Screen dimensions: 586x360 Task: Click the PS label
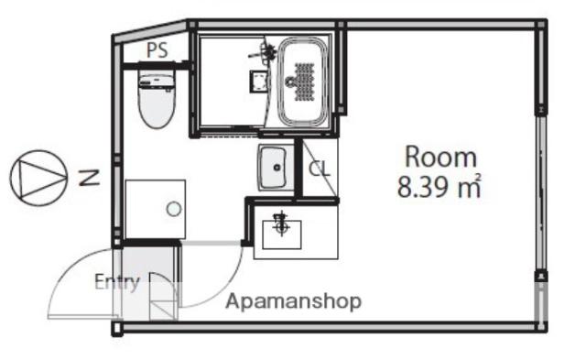[x=157, y=50]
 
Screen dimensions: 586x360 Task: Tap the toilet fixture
[x=157, y=99]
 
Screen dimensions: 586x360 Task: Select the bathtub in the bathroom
[x=303, y=82]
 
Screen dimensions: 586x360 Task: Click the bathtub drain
[x=290, y=82]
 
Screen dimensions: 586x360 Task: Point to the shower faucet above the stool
[x=265, y=52]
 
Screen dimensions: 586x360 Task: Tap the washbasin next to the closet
[x=275, y=168]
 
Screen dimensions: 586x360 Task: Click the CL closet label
[x=320, y=169]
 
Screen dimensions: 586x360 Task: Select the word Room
[x=441, y=157]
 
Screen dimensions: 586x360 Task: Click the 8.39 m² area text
[x=439, y=187]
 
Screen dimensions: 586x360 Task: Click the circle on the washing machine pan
[x=174, y=209]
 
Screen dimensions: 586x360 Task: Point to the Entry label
[x=117, y=283]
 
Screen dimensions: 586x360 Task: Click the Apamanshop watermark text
[x=294, y=301]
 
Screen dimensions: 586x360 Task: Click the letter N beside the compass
[x=90, y=178]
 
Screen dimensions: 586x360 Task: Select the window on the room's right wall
[x=541, y=192]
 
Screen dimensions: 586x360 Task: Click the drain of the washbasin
[x=277, y=168]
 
